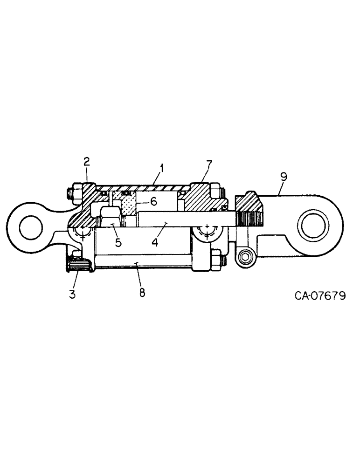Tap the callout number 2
(x=86, y=162)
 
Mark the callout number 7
(x=208, y=164)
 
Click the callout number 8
(x=142, y=292)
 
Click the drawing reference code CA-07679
(x=320, y=296)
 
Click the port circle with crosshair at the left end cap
(x=82, y=233)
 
